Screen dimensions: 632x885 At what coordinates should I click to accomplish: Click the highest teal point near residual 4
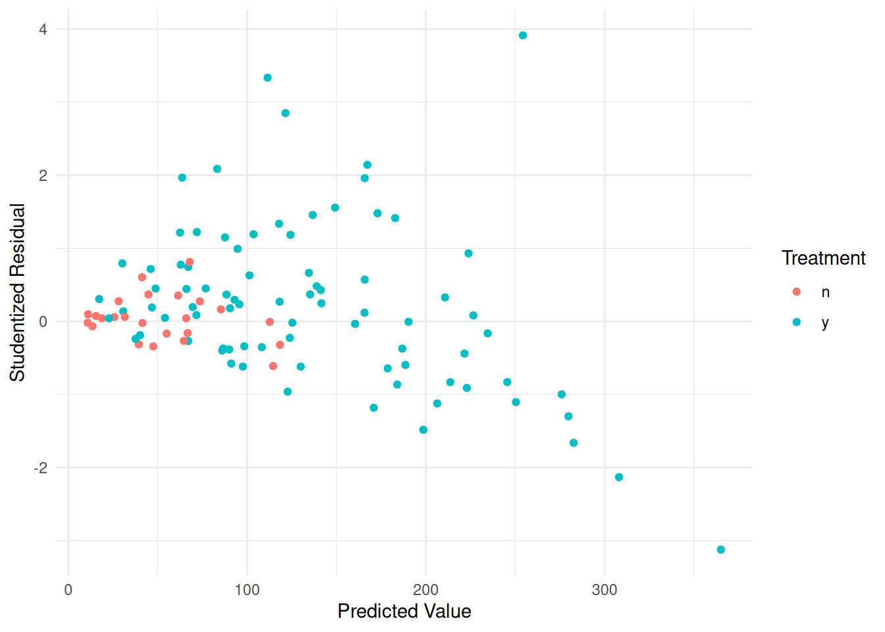pos(523,36)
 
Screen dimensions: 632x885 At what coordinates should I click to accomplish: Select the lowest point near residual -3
pos(721,550)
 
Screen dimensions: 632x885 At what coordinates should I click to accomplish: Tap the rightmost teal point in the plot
pos(721,550)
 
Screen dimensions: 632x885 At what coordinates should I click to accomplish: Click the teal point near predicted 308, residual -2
pos(619,477)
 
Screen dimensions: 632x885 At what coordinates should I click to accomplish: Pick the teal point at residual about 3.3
pos(267,78)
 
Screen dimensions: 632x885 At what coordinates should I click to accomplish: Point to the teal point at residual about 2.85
pos(285,113)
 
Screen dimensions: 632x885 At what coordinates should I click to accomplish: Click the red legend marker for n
pos(797,292)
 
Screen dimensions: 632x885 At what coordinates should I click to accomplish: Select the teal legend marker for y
pos(797,322)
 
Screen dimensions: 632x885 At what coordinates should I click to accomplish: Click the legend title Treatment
pos(823,258)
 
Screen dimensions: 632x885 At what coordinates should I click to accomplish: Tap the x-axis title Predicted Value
pos(404,612)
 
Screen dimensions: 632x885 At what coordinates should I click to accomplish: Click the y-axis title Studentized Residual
pos(18,292)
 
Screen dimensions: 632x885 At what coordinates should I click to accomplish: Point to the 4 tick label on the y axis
pos(43,30)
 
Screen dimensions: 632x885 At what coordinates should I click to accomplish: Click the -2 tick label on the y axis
pos(40,468)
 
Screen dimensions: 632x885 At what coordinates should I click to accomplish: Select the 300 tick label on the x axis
pos(604,590)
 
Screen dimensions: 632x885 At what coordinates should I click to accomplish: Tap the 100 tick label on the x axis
pos(247,590)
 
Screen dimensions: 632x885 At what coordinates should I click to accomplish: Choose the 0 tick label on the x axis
pos(68,590)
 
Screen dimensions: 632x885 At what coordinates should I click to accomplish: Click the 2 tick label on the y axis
pos(43,176)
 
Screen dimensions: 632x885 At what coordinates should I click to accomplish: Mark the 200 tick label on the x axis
pos(425,590)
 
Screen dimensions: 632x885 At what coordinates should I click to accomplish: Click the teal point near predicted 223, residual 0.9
pos(468,253)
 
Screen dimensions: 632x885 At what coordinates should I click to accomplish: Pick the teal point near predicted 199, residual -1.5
pos(423,430)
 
